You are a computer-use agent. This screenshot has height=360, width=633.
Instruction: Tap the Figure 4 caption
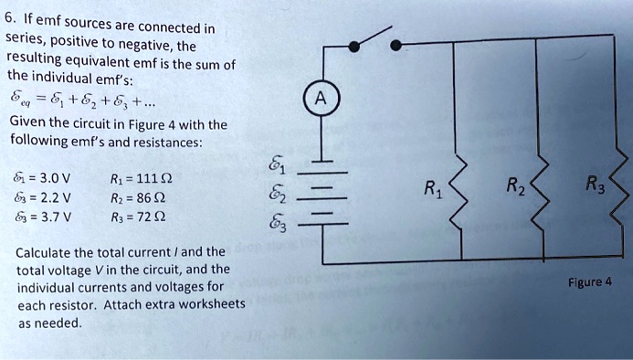point(588,282)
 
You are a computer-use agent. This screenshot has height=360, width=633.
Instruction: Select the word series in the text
point(25,42)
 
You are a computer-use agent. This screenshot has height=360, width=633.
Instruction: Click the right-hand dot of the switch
point(395,44)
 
